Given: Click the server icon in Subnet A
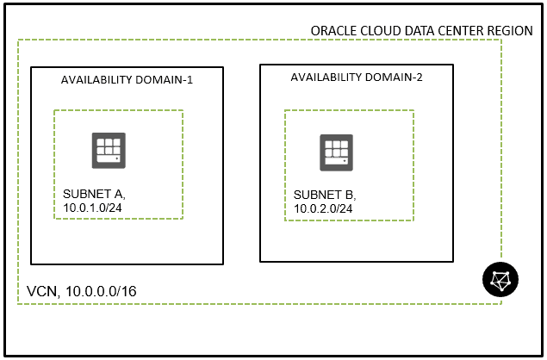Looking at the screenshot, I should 109,150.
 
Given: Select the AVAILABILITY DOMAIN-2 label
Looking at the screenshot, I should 357,77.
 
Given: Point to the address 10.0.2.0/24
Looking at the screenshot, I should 320,208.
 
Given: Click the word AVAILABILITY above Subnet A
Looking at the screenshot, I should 96,80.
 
